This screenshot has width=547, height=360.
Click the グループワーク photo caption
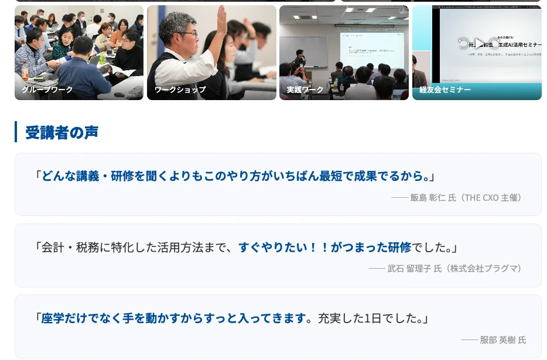(47, 90)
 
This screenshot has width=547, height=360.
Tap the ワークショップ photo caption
(180, 90)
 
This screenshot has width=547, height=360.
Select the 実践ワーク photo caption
(305, 90)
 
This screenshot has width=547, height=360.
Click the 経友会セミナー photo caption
(445, 90)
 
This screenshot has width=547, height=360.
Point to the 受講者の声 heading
(61, 132)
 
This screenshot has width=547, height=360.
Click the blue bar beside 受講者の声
(16, 132)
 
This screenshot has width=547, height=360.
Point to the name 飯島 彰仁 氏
(433, 197)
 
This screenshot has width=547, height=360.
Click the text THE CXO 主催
(491, 197)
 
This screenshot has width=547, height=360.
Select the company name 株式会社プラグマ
(484, 268)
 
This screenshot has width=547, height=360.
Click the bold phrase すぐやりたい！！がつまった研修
(324, 247)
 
